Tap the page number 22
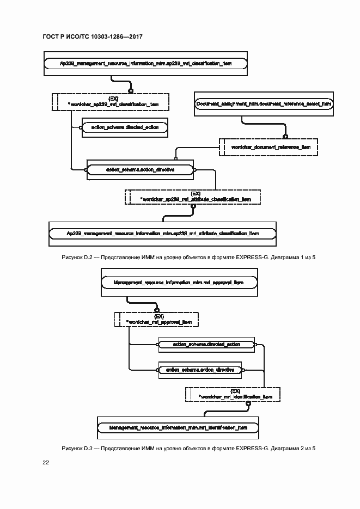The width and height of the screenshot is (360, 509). click(x=46, y=462)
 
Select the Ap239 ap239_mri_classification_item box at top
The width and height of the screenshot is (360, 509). click(x=145, y=64)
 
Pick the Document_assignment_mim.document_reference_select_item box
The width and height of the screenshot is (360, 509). click(x=264, y=103)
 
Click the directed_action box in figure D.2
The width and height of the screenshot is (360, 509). click(x=125, y=127)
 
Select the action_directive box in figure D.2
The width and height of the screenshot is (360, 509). click(x=140, y=170)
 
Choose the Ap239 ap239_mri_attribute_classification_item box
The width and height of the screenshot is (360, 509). click(x=162, y=233)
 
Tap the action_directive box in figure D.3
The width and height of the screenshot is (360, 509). click(x=199, y=370)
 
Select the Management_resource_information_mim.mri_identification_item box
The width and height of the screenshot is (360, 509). click(x=178, y=428)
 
